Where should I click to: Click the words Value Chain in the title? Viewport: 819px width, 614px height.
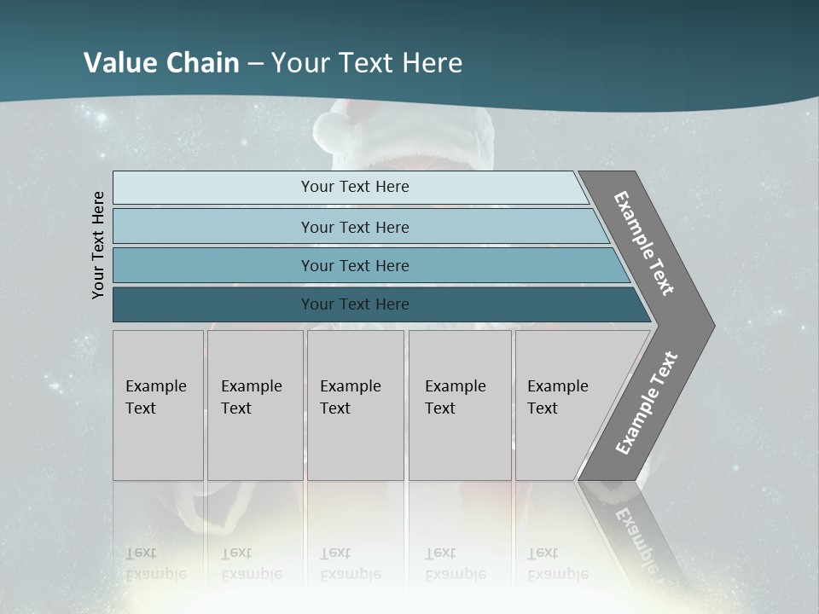coord(161,63)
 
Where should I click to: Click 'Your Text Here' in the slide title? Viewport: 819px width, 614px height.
coord(367,63)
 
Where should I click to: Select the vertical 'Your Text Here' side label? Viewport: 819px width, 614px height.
coord(99,245)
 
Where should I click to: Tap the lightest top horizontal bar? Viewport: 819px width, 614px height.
coord(355,187)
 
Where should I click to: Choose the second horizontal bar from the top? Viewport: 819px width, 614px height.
coord(355,227)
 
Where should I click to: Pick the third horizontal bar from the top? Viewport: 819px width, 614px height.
coord(355,265)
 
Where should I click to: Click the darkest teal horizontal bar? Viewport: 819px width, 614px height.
coord(355,304)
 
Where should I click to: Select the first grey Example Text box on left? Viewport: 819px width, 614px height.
coord(158,405)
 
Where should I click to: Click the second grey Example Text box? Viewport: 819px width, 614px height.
coord(255,405)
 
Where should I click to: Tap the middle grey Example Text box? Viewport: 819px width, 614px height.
coord(355,405)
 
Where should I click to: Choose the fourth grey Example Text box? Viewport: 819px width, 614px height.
coord(460,405)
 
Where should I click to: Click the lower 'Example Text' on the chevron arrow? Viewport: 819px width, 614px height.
coord(646,403)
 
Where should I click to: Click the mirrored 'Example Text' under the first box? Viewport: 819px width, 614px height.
coord(155,564)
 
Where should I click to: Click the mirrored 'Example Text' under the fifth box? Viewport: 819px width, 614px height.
coord(557,564)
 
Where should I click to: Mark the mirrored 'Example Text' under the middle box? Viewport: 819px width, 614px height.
coord(350,564)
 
